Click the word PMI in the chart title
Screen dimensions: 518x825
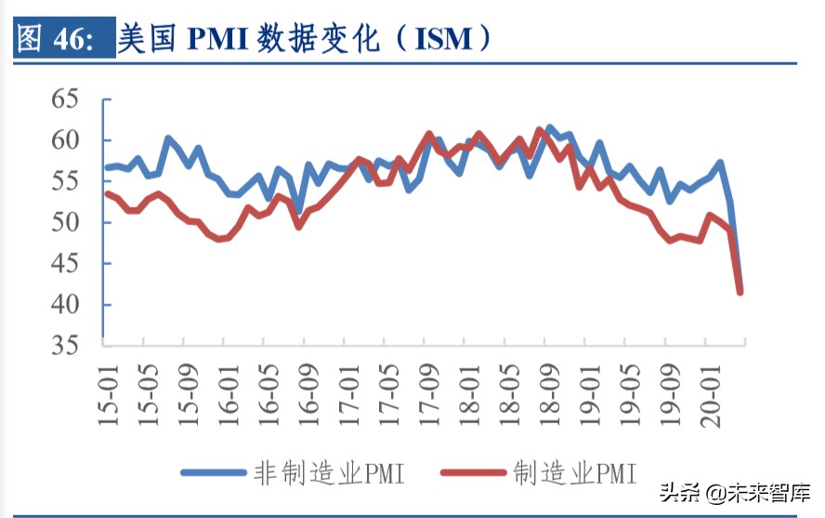point(226,38)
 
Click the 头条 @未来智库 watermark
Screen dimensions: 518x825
point(733,491)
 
